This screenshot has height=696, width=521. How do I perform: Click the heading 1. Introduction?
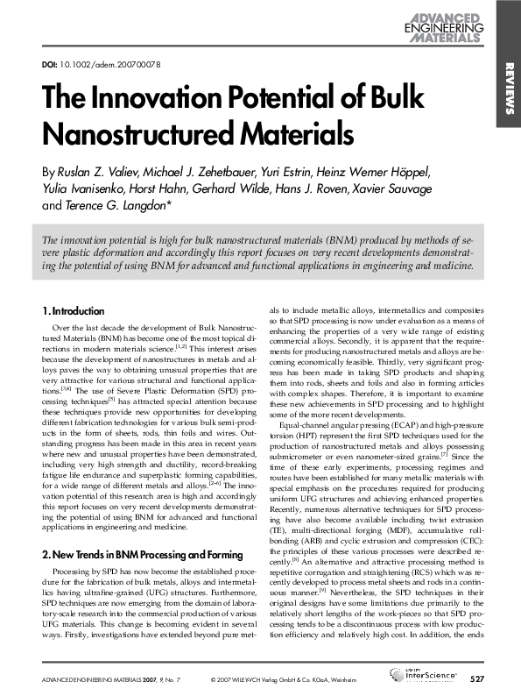coord(74,311)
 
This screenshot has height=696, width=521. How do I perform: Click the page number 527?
coord(476,679)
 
